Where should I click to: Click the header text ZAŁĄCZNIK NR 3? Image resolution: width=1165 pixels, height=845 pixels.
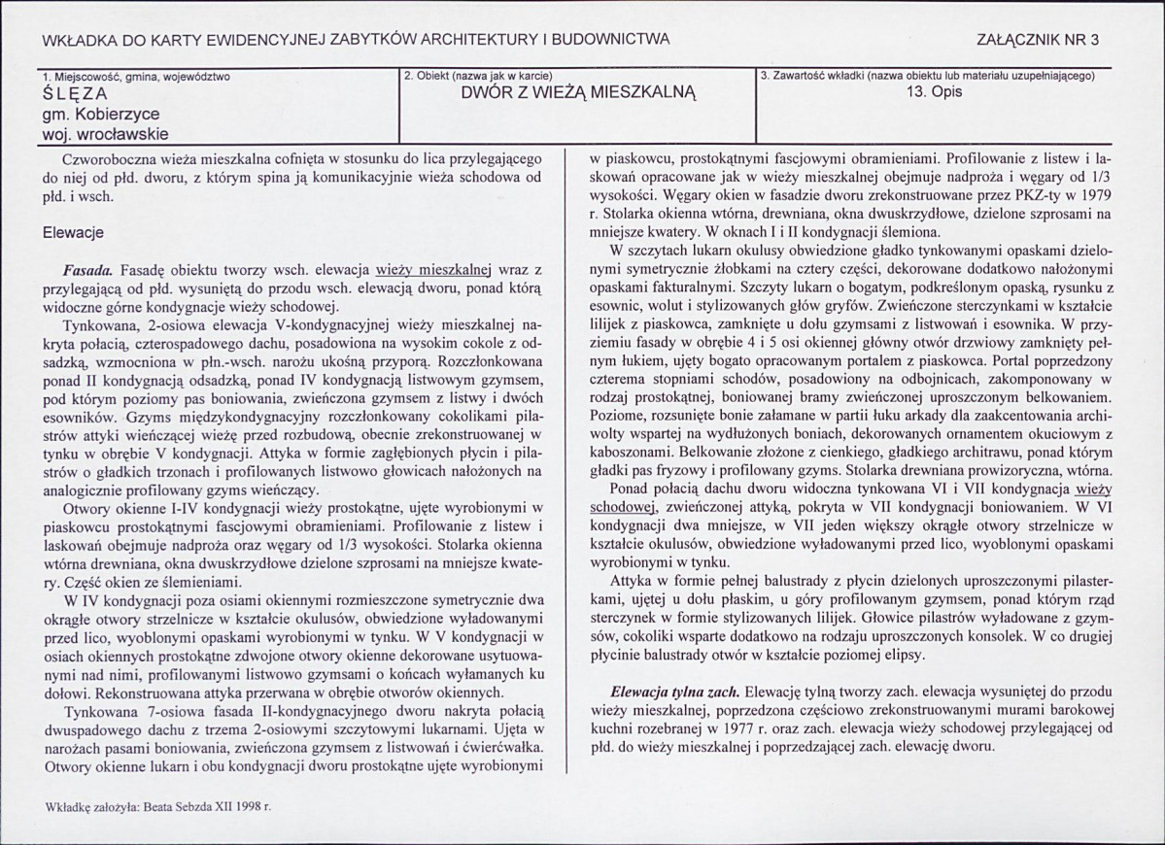click(x=1047, y=40)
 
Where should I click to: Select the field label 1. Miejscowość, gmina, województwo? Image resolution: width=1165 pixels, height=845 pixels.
click(x=138, y=77)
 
